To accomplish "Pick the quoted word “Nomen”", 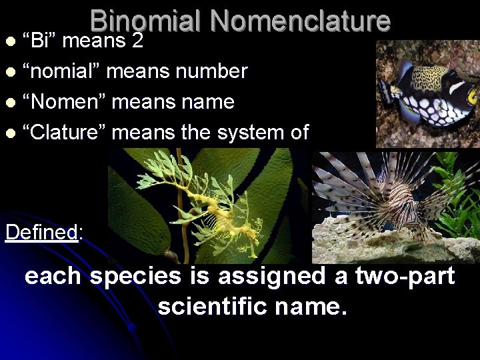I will [60, 102].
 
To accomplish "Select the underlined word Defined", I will [41, 233].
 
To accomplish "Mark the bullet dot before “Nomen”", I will [9, 103].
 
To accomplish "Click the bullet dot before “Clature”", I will [9, 133].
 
